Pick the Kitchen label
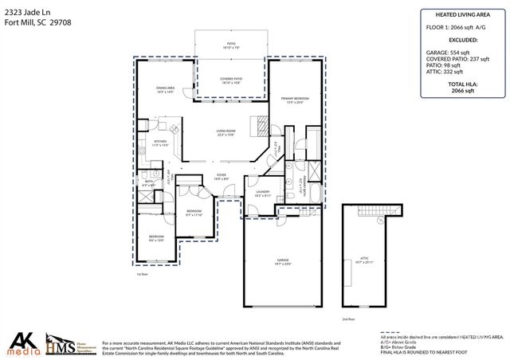tap(161, 142)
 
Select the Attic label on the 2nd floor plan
tap(366, 260)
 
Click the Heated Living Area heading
tap(457, 14)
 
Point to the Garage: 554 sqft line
tap(452, 51)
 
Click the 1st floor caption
tap(143, 272)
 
